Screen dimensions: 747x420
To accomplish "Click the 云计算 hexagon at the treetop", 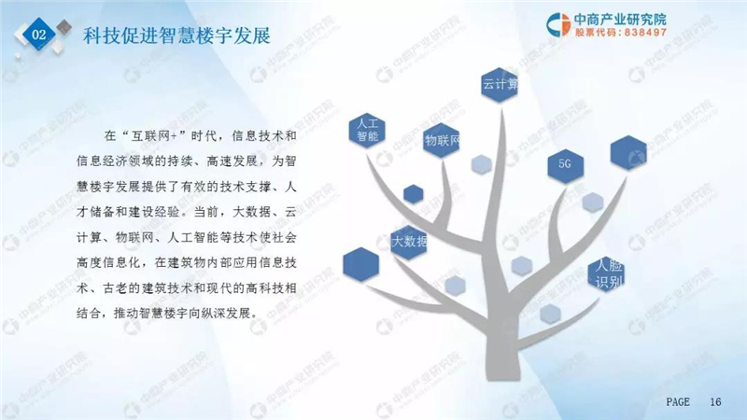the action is click(x=500, y=85).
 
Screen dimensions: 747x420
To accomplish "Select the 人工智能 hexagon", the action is click(x=367, y=130).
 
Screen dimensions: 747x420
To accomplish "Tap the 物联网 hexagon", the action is click(x=442, y=141).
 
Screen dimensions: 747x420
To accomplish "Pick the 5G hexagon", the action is click(x=566, y=165).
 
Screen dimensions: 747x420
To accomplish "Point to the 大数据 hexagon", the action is click(x=408, y=242).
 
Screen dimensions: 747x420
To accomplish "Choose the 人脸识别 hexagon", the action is click(x=606, y=273).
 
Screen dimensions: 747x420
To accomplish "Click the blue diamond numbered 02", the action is click(x=38, y=34).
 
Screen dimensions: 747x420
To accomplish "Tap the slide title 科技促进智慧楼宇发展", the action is click(x=176, y=35).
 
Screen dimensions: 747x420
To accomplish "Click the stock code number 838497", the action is click(x=645, y=33).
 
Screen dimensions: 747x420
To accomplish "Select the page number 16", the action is click(x=715, y=402).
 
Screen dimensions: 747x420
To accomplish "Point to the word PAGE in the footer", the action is click(x=678, y=402).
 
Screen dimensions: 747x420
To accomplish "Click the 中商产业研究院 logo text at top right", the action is click(x=620, y=19).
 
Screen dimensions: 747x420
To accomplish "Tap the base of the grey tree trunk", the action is click(x=503, y=376).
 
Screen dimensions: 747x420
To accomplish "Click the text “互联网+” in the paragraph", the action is click(x=154, y=136).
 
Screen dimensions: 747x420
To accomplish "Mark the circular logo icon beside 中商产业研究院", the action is click(x=557, y=24).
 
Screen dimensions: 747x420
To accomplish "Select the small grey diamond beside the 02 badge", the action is click(x=63, y=27).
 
